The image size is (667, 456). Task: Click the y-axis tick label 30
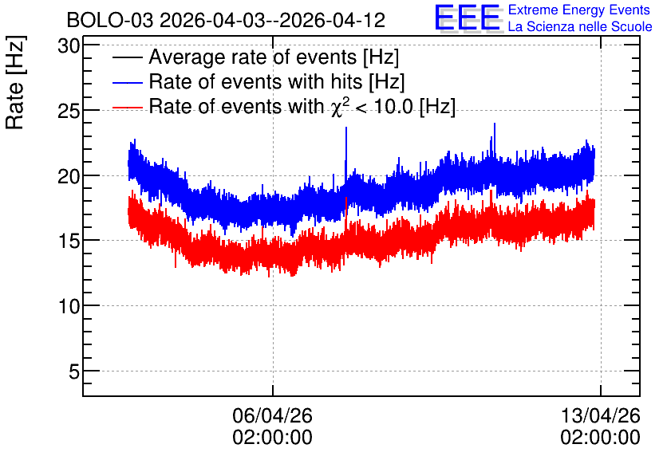coord(69,45)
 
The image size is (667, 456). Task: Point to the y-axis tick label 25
coord(69,111)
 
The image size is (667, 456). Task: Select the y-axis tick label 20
coord(69,175)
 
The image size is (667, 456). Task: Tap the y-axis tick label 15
coord(69,241)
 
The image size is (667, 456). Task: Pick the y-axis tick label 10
coord(69,306)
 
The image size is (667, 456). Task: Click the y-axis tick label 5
coord(74,371)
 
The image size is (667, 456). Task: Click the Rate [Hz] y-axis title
coord(15,82)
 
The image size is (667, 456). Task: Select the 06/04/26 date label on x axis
coord(272,415)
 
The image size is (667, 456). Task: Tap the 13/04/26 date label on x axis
coord(600,415)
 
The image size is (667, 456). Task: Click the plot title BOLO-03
coord(110,20)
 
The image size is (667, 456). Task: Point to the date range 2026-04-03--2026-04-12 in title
coord(273,20)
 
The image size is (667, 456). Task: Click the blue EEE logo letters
coord(467,18)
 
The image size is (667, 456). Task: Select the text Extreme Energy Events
coord(579,10)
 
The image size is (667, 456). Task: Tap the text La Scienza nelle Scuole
coord(580,26)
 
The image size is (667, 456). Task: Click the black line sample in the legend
coord(127,57)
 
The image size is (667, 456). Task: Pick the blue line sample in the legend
coord(127,82)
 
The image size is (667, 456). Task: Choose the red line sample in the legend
coord(127,107)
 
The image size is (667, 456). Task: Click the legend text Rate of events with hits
coord(255,81)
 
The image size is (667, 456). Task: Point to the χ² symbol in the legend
coord(339,106)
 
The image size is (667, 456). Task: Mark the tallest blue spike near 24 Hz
coord(495,124)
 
